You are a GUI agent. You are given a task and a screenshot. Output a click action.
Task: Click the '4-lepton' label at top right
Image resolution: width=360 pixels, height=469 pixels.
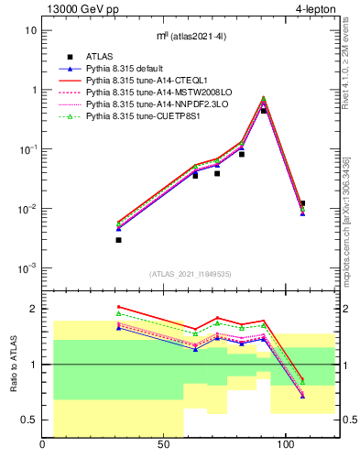(x=316, y=8)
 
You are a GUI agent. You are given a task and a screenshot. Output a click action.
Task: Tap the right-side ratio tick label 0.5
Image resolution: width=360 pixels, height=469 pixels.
(x=349, y=420)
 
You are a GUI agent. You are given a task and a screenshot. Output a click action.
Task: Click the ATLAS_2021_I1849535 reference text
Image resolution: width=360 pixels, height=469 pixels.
(x=191, y=274)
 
